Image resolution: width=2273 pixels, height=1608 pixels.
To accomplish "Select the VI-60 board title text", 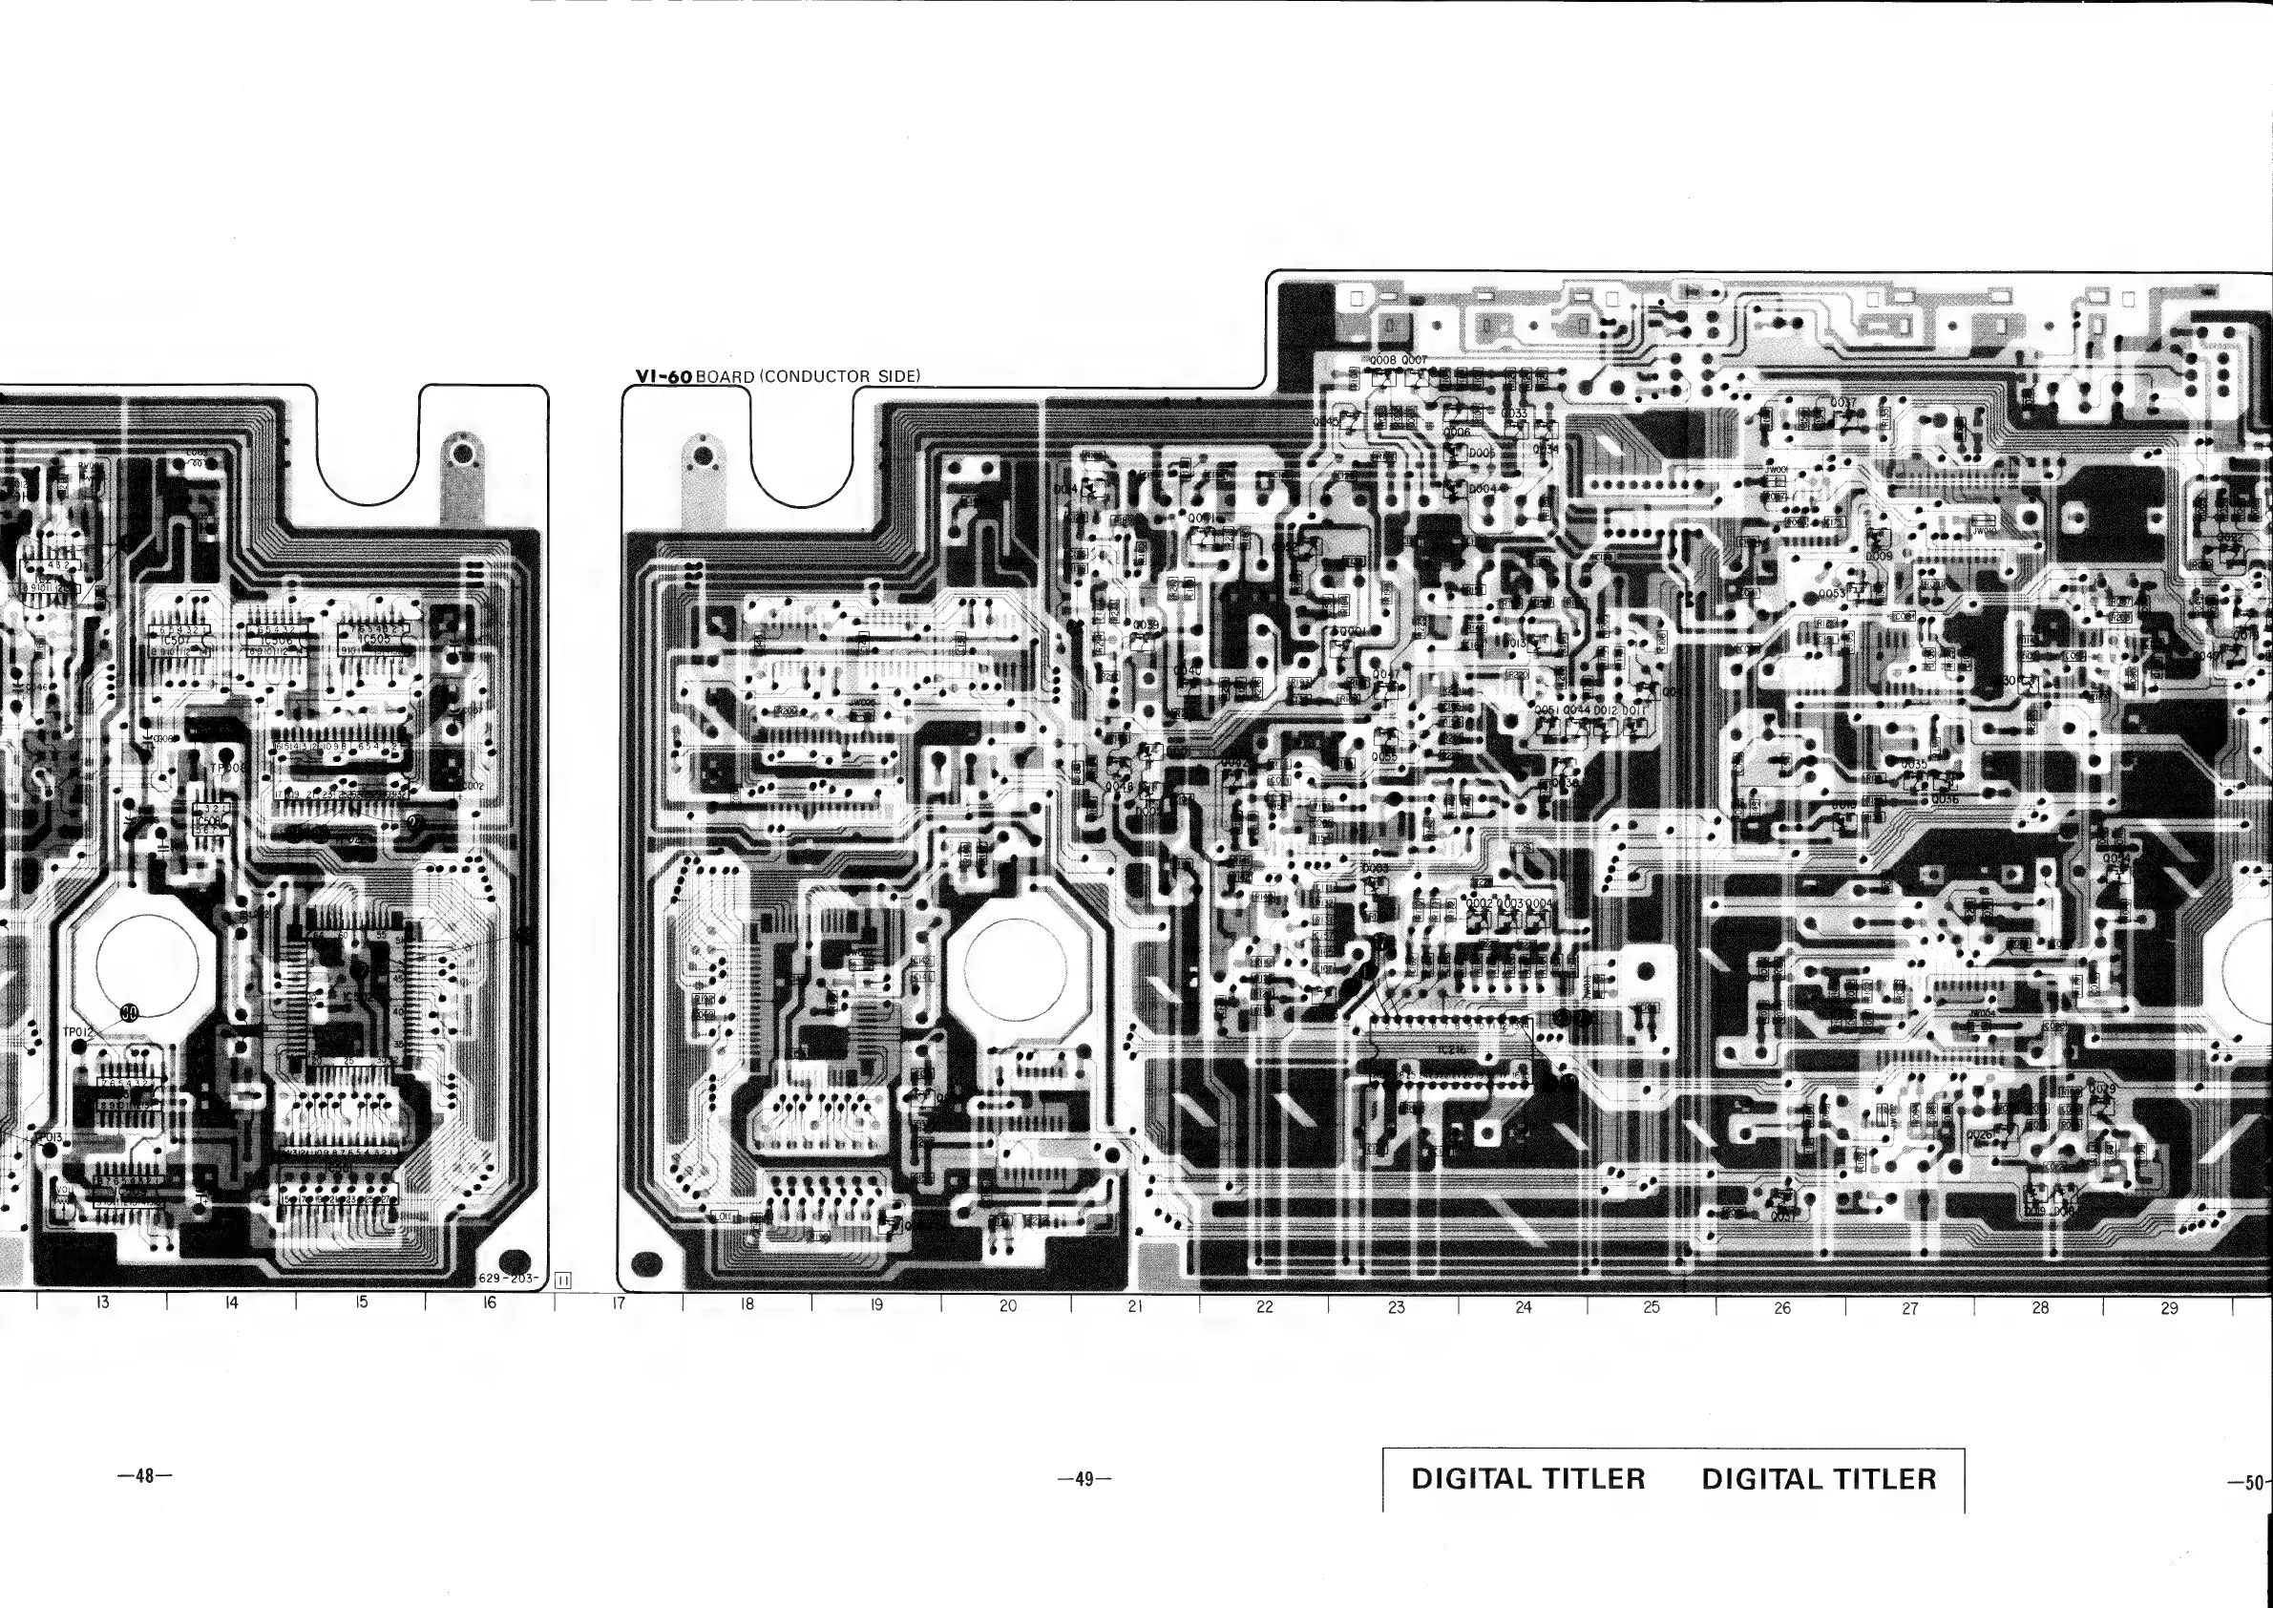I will point(777,376).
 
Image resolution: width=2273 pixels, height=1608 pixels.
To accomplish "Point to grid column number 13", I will point(102,1302).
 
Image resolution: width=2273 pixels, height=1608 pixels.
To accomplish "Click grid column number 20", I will point(1007,1305).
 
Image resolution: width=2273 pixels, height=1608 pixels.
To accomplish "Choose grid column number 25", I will point(1652,1306).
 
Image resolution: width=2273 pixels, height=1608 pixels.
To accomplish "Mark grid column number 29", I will point(2169,1307).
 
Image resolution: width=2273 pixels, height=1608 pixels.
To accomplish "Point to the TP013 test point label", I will point(49,1136).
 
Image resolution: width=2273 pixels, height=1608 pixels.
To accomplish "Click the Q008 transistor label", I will point(1382,360).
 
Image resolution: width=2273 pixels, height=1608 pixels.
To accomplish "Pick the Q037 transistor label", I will point(1842,403).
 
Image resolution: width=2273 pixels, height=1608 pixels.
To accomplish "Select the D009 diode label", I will point(1878,556).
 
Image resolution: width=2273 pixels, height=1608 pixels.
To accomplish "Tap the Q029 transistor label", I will point(2102,1090).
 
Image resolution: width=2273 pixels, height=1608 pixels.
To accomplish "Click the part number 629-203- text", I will point(509,1279).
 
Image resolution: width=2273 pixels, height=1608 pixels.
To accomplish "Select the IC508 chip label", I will point(209,821).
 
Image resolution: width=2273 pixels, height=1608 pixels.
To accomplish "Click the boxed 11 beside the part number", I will point(563,1280).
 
